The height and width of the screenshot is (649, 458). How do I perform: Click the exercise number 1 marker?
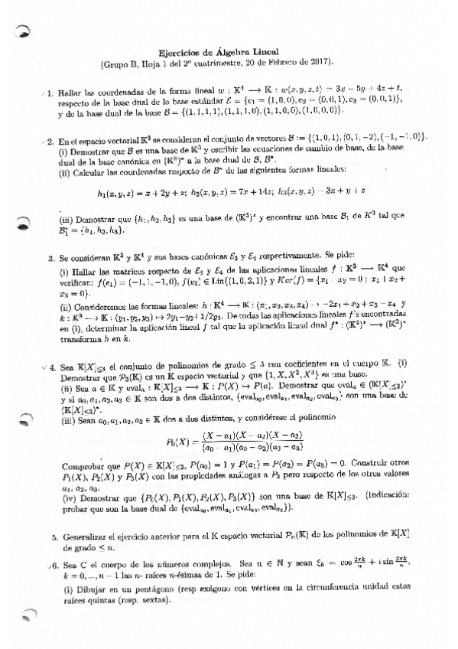(x=49, y=93)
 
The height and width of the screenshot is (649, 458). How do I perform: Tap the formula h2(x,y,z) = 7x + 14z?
(x=238, y=191)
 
